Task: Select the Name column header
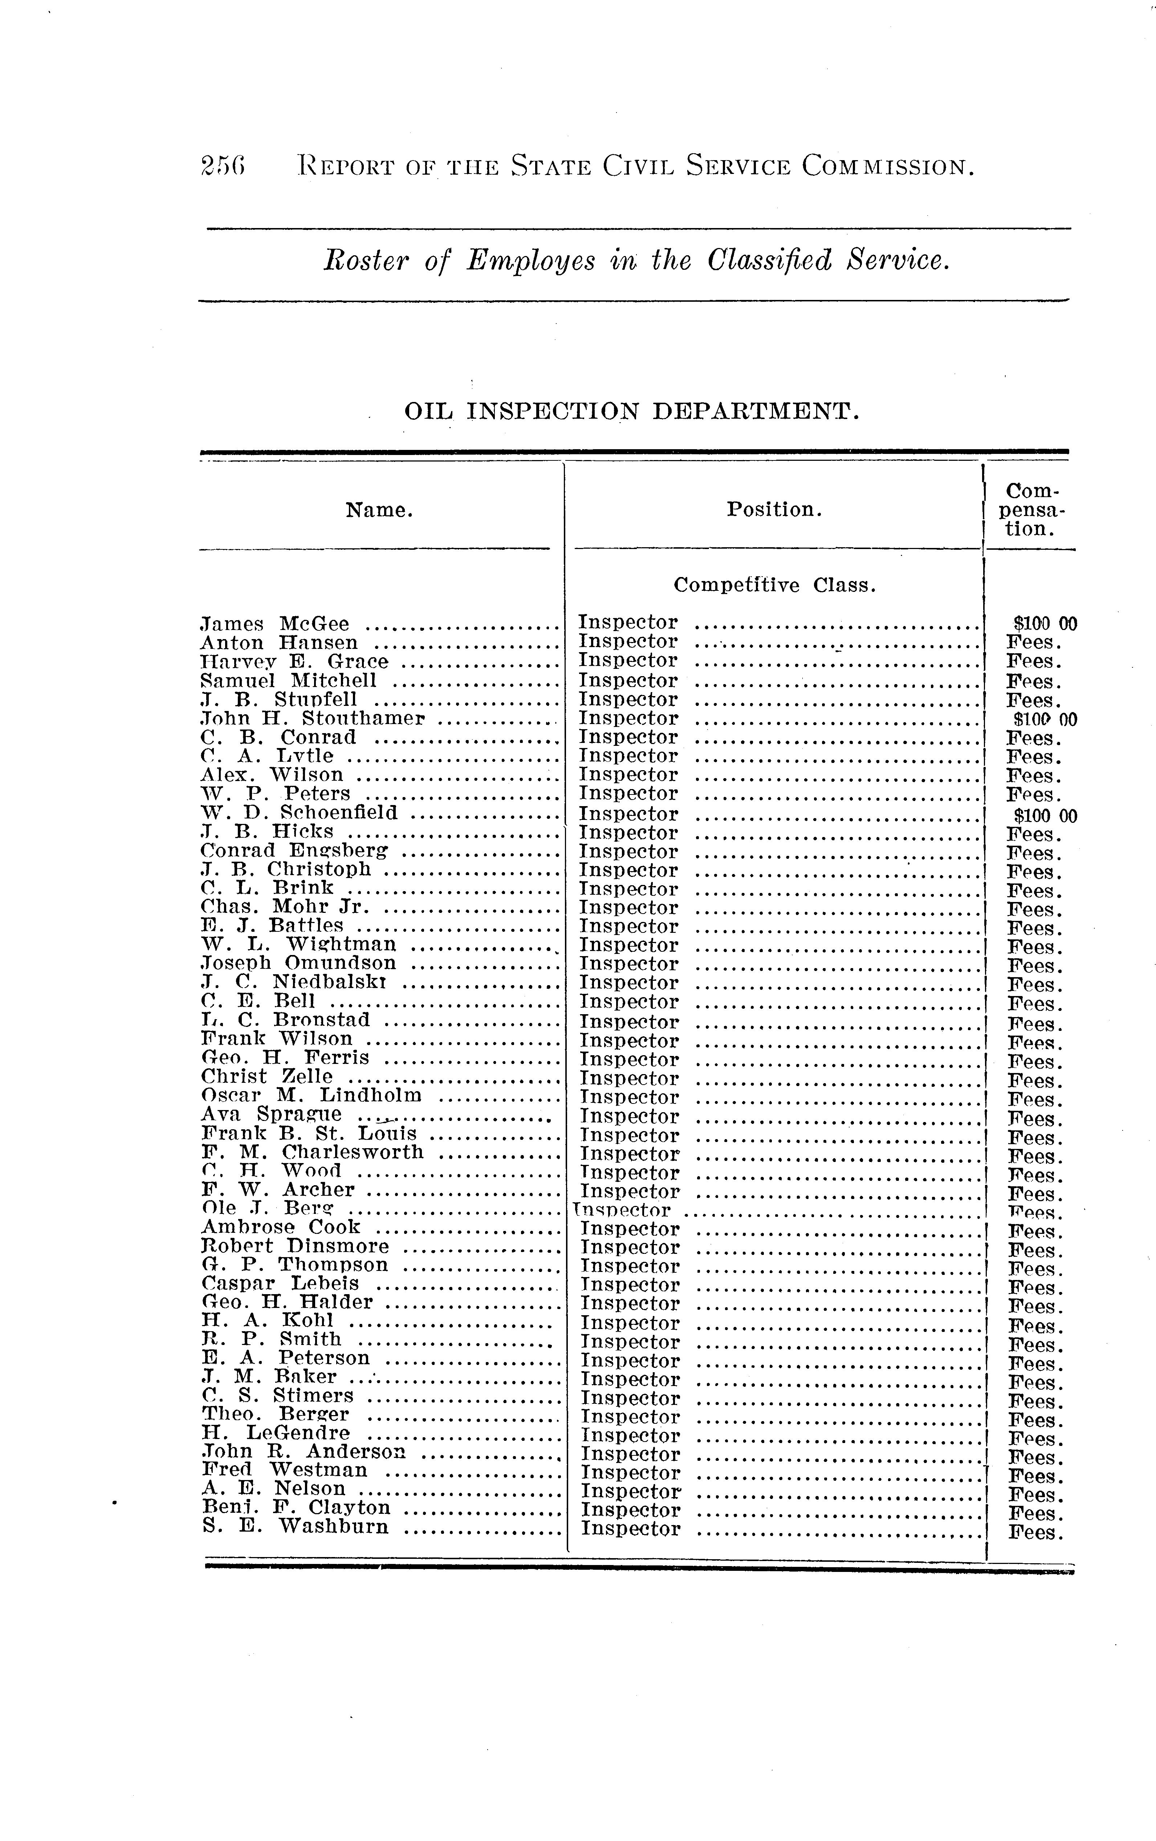pyautogui.click(x=379, y=510)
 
